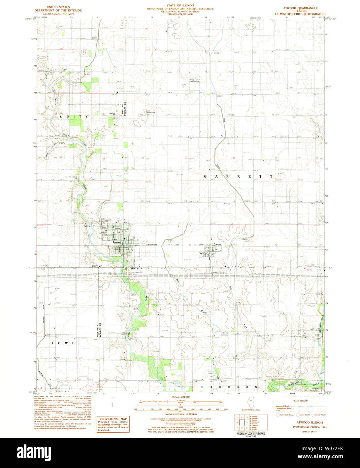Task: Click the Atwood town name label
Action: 117,242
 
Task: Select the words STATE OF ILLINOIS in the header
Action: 180,6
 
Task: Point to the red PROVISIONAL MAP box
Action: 113,424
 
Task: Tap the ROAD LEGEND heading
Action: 300,401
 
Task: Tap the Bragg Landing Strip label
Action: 194,80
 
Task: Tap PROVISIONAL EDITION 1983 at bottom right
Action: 309,427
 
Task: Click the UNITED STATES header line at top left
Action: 58,7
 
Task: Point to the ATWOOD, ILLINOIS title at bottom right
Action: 309,422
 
